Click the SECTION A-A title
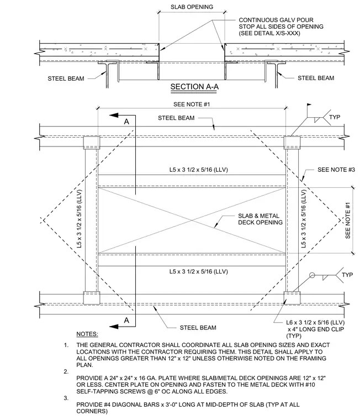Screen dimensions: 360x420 (194, 87)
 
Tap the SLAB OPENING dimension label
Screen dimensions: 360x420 (192, 7)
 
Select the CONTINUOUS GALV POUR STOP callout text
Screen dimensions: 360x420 (281, 27)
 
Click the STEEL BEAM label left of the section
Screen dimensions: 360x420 (66, 78)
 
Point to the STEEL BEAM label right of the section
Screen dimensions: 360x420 (316, 78)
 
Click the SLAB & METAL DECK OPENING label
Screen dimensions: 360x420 (260, 219)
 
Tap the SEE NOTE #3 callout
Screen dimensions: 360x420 (336, 170)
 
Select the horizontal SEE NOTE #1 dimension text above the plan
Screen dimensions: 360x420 (192, 104)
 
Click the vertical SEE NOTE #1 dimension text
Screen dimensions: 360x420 (348, 220)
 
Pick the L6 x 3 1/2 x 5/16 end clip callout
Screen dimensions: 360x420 (315, 329)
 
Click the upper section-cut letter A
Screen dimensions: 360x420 (126, 122)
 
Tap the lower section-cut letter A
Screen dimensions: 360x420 (126, 320)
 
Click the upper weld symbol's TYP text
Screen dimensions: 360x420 (335, 117)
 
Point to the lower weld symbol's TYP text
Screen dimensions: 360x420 (347, 275)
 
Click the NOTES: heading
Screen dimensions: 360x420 (87, 334)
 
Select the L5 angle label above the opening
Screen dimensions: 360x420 (199, 170)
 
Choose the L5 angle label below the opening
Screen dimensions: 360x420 (199, 271)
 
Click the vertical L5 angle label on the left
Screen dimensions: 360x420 (79, 219)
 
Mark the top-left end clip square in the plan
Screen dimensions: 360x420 (92, 143)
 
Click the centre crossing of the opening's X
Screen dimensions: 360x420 (192, 220)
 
